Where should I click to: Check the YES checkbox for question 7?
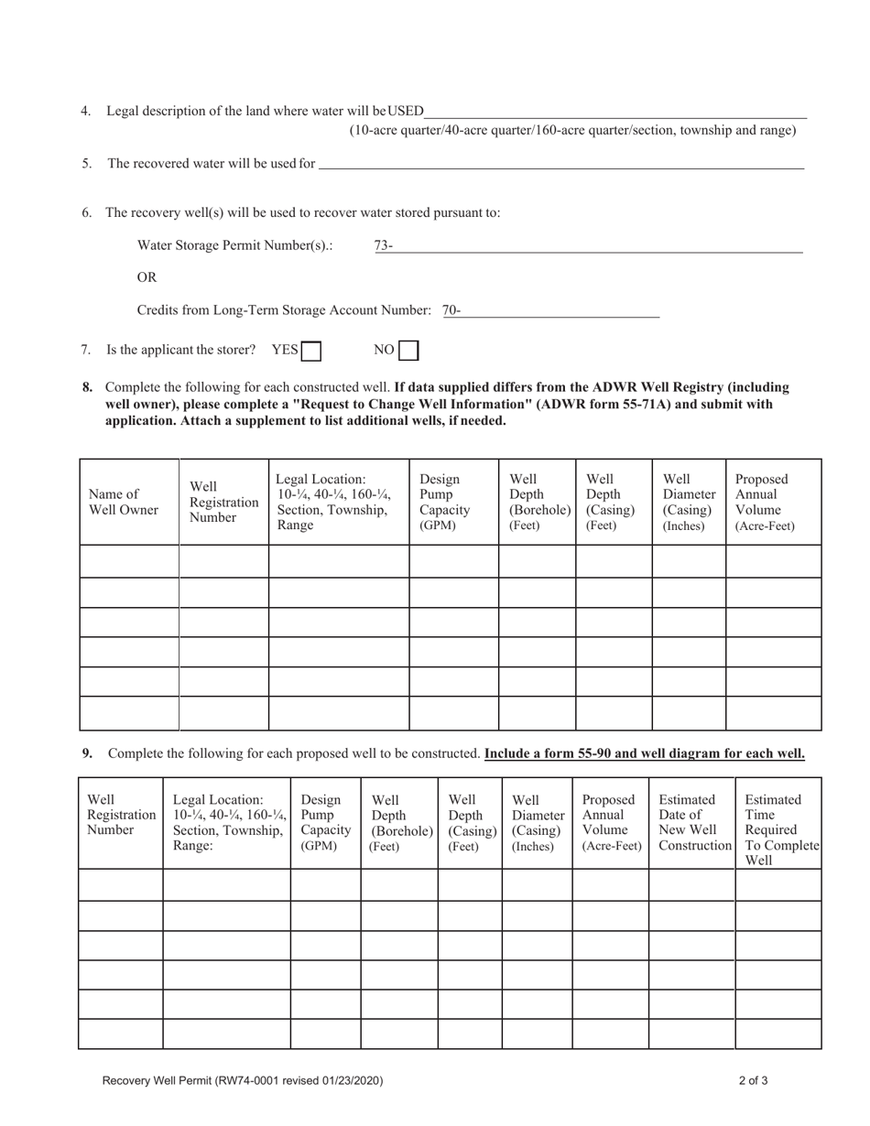click(311, 351)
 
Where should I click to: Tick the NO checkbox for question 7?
click(408, 351)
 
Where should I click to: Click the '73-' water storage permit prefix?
click(384, 245)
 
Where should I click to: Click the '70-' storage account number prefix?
click(451, 310)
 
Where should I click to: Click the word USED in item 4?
click(406, 111)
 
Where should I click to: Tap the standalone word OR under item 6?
click(147, 277)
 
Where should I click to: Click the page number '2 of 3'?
click(754, 1080)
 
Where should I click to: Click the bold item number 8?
click(88, 387)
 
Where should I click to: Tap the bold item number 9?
click(88, 753)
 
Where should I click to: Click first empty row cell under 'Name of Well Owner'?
click(129, 561)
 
